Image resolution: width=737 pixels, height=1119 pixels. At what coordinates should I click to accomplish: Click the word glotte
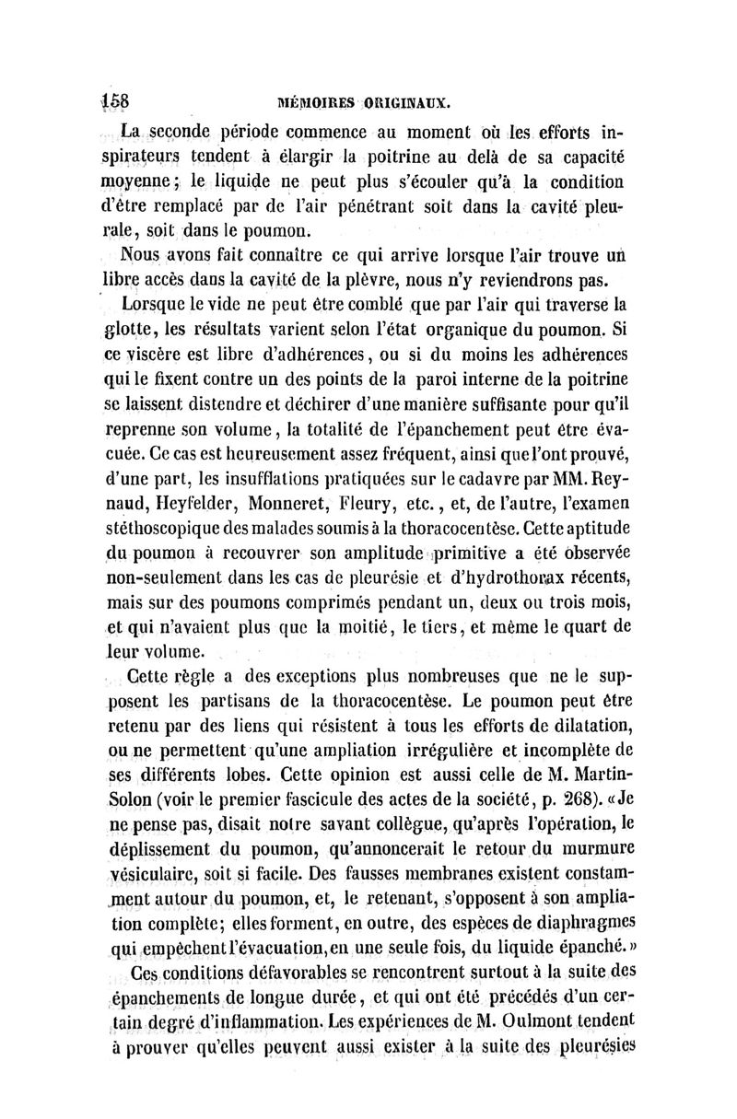[x=132, y=329]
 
